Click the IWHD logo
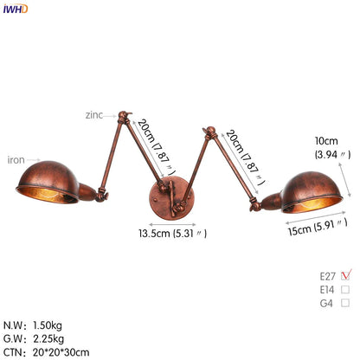coord(15,9)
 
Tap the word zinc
coord(93,113)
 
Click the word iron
coord(16,159)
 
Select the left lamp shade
coord(59,183)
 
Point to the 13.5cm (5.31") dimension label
coord(174,233)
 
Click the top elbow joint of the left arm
coord(123,114)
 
